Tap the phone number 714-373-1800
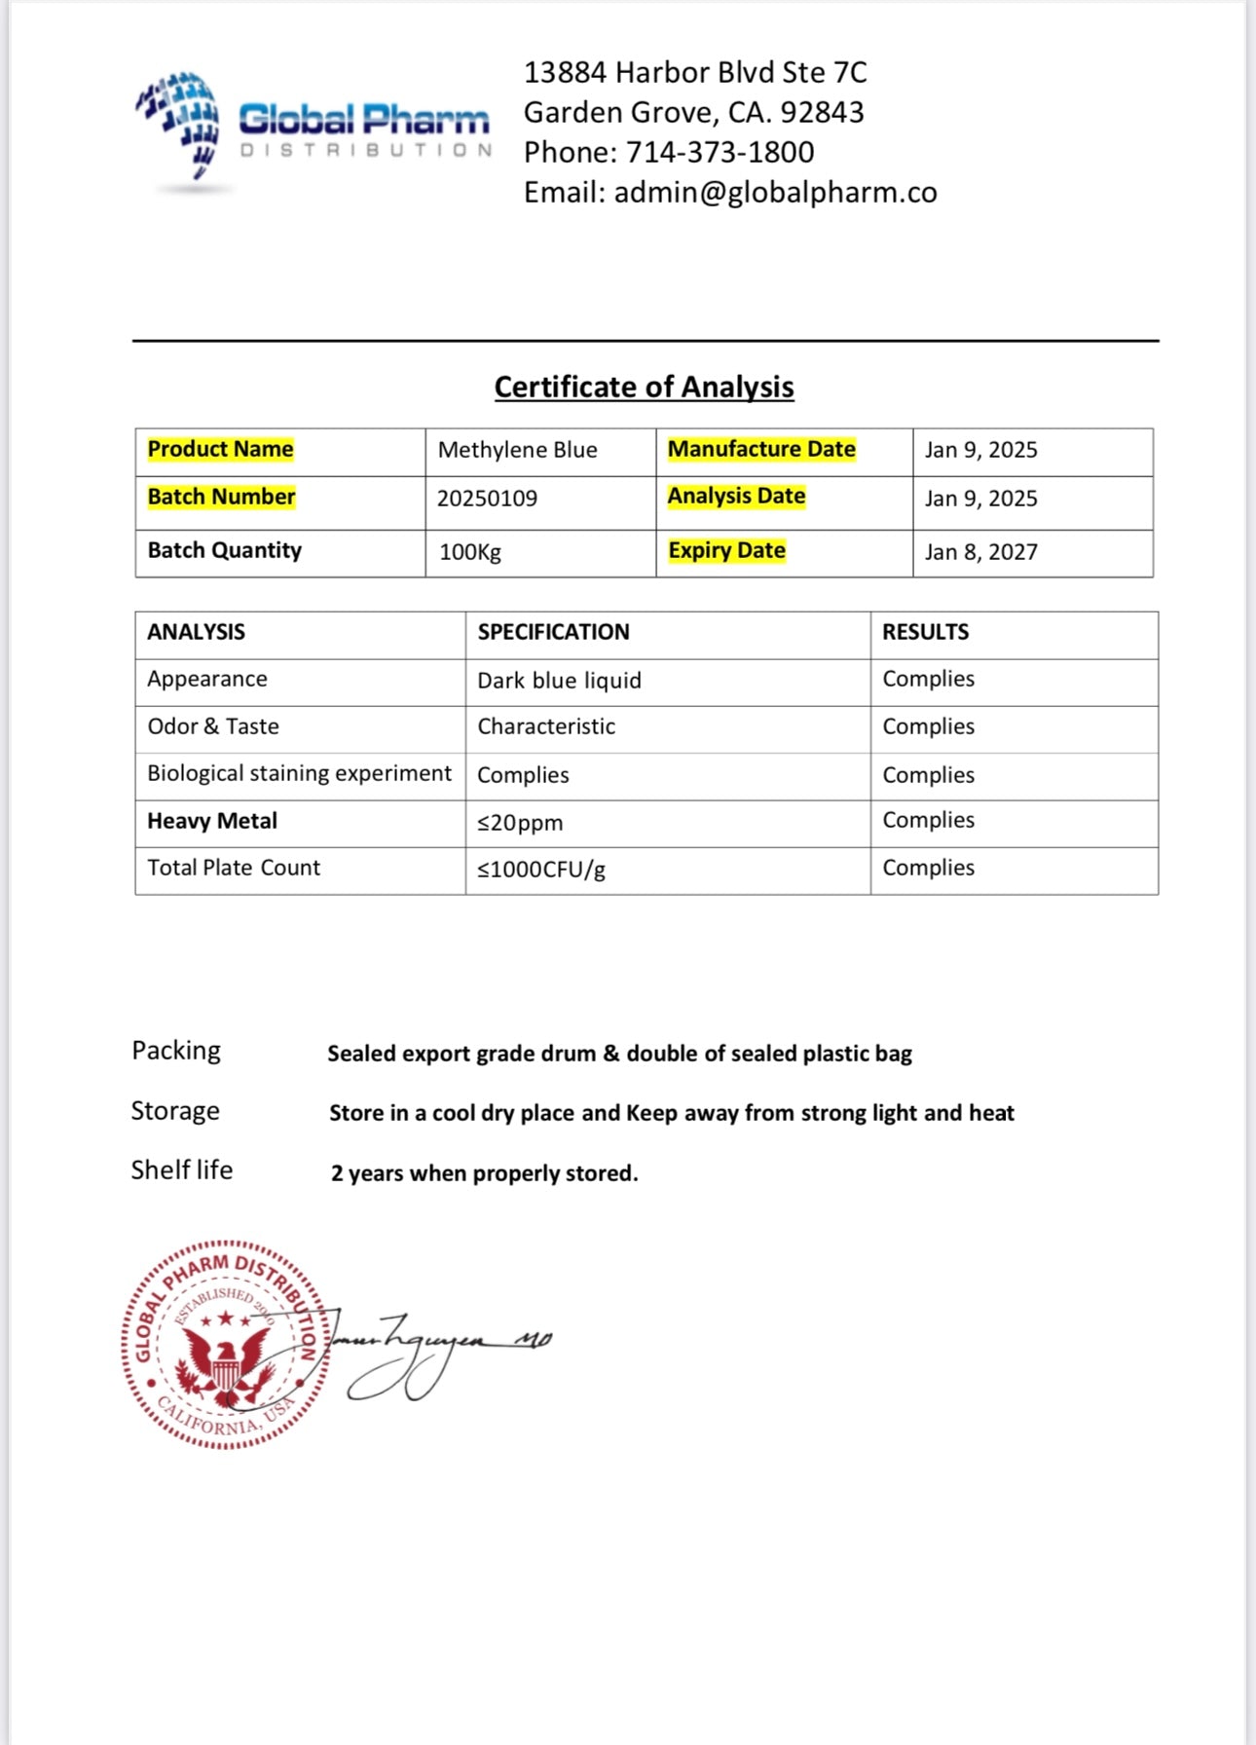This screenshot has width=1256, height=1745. point(720,153)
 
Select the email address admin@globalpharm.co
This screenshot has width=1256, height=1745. point(775,193)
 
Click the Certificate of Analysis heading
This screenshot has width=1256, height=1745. point(644,387)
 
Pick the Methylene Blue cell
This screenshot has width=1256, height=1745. point(517,450)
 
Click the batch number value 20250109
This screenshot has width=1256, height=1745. point(487,499)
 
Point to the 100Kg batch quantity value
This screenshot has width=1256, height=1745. point(470,552)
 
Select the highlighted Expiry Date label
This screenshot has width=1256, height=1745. point(726,550)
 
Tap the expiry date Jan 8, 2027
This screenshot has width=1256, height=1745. point(980,552)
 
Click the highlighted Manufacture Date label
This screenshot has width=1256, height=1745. point(761,449)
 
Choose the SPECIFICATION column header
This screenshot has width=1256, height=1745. point(553,632)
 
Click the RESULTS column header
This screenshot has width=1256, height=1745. point(925,632)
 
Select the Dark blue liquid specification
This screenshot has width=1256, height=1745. point(559,681)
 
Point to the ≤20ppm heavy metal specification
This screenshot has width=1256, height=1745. point(520,823)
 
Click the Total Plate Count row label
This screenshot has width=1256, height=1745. point(234,868)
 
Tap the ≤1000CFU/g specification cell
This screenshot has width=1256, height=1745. point(541,870)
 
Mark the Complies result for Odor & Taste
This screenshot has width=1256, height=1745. point(928,726)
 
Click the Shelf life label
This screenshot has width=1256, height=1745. point(182,1170)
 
